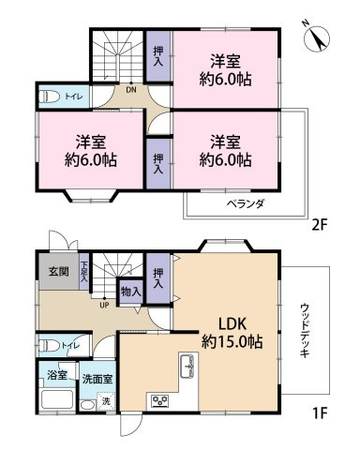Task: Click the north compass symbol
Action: pos(317,38)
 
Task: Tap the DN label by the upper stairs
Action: pos(131,90)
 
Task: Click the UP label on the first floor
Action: pos(104,305)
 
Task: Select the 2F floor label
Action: pos(319,225)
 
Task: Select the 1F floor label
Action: pos(319,413)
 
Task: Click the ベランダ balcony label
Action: pos(246,204)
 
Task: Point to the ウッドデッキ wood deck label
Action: pos(305,330)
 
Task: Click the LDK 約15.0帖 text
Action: pos(232,333)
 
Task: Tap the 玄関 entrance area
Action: pos(59,271)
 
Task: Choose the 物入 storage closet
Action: pos(131,292)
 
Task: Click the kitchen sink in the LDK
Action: pos(188,366)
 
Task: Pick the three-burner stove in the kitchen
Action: pos(160,400)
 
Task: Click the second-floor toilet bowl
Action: pos(51,97)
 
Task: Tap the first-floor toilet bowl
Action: pos(51,346)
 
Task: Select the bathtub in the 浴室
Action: pos(57,399)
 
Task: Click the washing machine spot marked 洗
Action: pos(106,401)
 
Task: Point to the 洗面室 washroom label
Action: pos(97,379)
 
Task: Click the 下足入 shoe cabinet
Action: pos(83,271)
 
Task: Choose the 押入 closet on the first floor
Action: pos(158,278)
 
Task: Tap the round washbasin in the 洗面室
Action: pos(87,406)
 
